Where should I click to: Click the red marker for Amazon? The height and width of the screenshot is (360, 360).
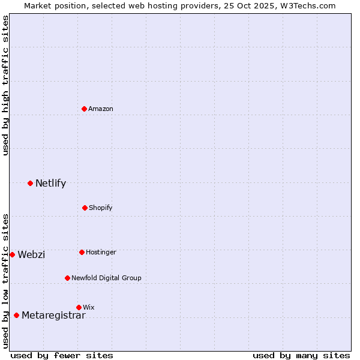(x=85, y=109)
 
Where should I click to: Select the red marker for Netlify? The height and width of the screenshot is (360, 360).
(x=30, y=183)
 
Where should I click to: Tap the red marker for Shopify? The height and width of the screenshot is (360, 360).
(x=85, y=208)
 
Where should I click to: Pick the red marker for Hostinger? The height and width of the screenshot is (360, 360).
(x=82, y=252)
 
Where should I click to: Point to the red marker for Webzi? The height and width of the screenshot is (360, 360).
(x=12, y=254)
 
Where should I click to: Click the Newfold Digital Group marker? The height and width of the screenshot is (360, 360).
(x=67, y=278)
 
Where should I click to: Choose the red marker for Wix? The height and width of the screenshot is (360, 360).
(x=79, y=307)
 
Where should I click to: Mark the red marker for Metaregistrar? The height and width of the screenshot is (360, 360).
(x=16, y=315)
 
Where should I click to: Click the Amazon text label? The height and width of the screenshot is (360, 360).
(x=101, y=109)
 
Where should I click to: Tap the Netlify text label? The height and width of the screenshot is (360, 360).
(x=50, y=184)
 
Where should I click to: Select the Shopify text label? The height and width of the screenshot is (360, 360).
(x=101, y=208)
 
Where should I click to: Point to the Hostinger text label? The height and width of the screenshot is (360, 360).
(x=101, y=252)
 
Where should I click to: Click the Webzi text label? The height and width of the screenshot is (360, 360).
(x=31, y=255)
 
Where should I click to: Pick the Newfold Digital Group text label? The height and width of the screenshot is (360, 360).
(x=106, y=278)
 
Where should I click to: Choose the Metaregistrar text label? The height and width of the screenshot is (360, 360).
(x=53, y=316)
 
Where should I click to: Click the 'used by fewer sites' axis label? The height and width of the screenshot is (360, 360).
(x=62, y=355)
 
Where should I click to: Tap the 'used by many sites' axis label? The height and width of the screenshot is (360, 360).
(x=301, y=355)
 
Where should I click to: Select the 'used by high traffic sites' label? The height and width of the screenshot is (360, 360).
(x=5, y=85)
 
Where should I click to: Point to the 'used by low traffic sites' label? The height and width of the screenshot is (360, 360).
(x=5, y=281)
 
